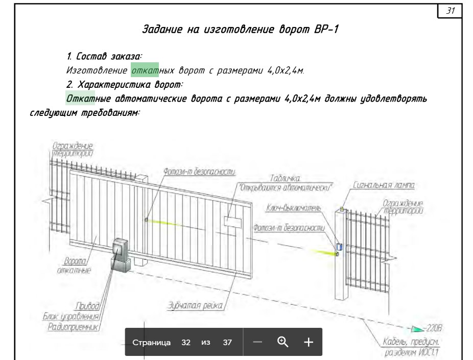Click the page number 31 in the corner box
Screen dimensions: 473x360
[451, 11]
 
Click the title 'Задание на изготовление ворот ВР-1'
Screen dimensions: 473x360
[241, 29]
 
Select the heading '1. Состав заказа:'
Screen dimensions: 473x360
[104, 56]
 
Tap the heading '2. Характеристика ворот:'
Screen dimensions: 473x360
[124, 84]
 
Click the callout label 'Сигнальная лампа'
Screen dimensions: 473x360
[384, 185]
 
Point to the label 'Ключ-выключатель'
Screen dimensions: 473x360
[293, 208]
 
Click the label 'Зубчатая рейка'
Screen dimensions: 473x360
[195, 305]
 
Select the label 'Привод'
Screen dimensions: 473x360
[87, 306]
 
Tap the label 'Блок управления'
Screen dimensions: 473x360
[71, 316]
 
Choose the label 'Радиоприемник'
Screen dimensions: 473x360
[74, 326]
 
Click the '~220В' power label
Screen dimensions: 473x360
[433, 328]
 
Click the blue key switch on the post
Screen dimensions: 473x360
[339, 247]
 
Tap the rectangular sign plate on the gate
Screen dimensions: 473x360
[232, 222]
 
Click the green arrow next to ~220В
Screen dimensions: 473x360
[417, 329]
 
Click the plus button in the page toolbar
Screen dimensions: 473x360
[309, 342]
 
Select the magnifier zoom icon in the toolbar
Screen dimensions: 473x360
[282, 342]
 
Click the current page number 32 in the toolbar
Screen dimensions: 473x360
[186, 343]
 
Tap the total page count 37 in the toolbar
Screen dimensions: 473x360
[227, 343]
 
